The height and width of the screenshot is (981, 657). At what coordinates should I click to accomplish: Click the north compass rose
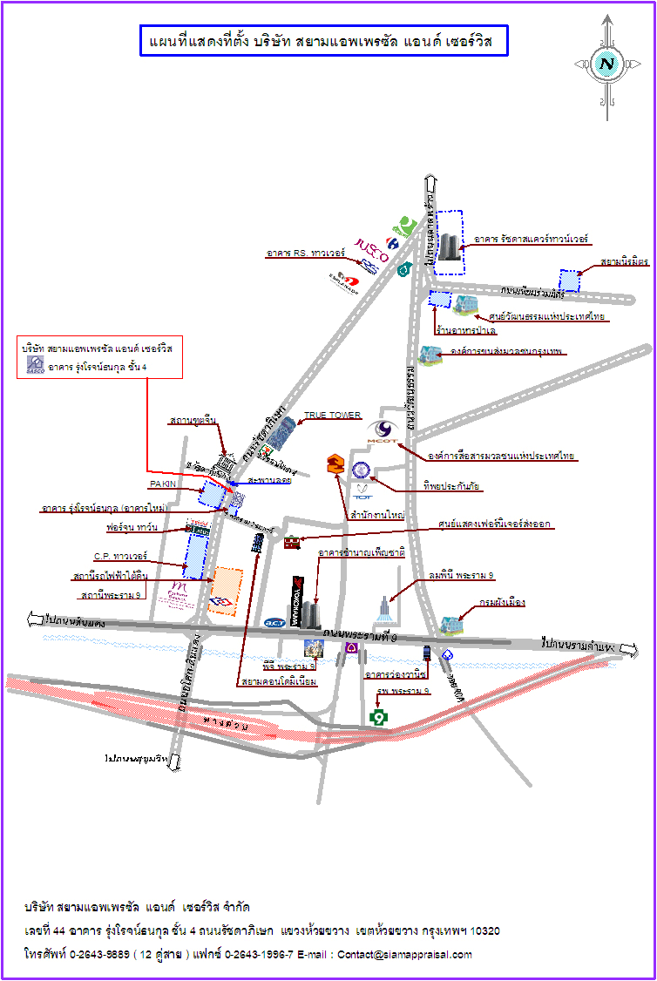click(606, 64)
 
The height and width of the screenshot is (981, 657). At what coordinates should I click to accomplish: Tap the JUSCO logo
click(372, 246)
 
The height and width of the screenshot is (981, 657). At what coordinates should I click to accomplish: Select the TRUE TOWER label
click(332, 416)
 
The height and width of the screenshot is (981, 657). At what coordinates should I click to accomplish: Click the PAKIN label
click(162, 484)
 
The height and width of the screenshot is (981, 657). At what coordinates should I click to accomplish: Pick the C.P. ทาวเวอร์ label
click(120, 556)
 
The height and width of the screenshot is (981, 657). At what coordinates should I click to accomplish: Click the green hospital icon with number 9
click(377, 717)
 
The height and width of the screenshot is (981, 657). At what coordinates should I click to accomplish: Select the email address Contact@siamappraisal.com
click(405, 954)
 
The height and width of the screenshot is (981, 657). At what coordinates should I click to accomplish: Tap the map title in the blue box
click(323, 41)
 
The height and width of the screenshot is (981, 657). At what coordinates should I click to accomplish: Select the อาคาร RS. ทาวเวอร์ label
click(306, 254)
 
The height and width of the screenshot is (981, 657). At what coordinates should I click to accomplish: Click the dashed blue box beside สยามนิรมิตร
click(569, 281)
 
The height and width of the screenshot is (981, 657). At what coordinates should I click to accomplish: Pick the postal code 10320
click(484, 931)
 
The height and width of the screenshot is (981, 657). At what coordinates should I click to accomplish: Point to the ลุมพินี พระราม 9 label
click(461, 576)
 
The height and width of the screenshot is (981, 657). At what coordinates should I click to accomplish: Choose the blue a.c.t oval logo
click(274, 622)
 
